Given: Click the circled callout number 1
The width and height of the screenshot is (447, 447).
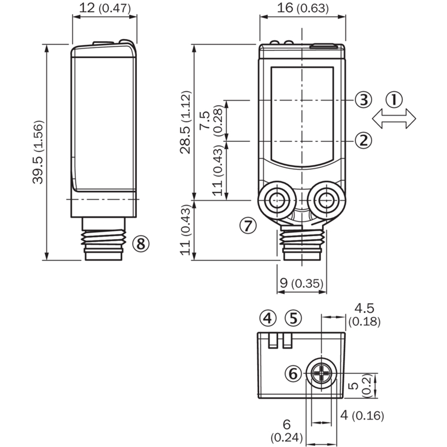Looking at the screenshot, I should coord(394,100).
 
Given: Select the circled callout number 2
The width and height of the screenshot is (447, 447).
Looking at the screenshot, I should coord(363,140).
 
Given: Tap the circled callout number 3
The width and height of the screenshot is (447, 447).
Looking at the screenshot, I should coord(363,100).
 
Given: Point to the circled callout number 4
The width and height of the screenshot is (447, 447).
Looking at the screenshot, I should coord(268,318).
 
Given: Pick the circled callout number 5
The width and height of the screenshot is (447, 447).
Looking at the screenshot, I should coord(293,318).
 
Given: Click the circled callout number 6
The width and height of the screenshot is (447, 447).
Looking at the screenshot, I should coord(294,373).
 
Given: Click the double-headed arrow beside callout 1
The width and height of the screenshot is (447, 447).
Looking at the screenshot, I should coord(394,118).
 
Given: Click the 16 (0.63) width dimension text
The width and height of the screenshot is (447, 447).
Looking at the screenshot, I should coord(303,8).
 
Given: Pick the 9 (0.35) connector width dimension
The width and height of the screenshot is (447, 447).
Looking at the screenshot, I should coord(302,284).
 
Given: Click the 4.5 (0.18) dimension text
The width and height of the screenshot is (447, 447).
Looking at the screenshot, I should coord(364,315).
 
